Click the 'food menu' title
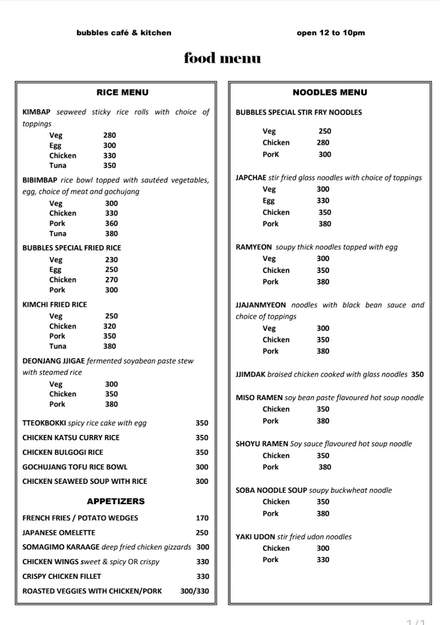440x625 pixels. click(222, 58)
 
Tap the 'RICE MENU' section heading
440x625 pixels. click(122, 92)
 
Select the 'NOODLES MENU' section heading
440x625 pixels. click(330, 92)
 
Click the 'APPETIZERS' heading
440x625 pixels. click(116, 501)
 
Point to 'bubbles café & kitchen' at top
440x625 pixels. click(124, 33)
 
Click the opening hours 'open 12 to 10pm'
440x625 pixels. click(331, 33)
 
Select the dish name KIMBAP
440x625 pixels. click(37, 112)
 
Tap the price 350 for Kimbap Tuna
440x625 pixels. click(109, 166)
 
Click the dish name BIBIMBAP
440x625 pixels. click(40, 180)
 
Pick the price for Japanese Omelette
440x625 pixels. click(202, 532)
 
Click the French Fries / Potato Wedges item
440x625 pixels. click(80, 518)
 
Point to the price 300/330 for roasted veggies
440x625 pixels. click(195, 591)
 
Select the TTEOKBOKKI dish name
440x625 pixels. click(44, 423)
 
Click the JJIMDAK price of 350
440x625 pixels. click(418, 374)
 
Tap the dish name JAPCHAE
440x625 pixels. click(250, 178)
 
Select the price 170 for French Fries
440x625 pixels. click(202, 518)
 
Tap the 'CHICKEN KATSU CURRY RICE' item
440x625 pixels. click(71, 438)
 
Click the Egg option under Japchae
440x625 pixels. click(269, 201)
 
